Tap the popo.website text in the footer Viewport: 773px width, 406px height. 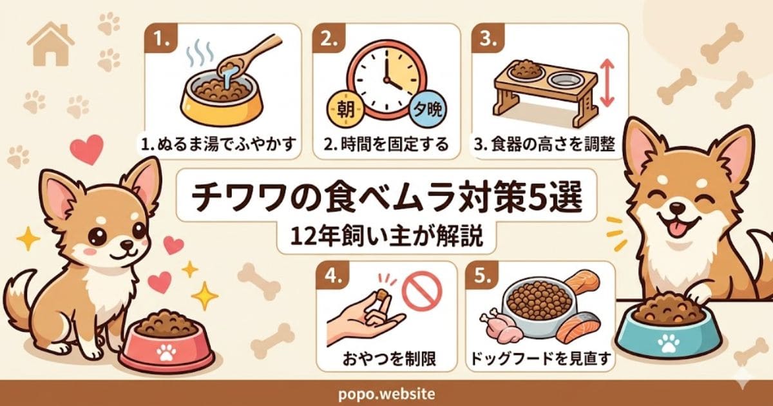(x=386, y=393)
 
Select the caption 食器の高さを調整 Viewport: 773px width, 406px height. (x=545, y=145)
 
